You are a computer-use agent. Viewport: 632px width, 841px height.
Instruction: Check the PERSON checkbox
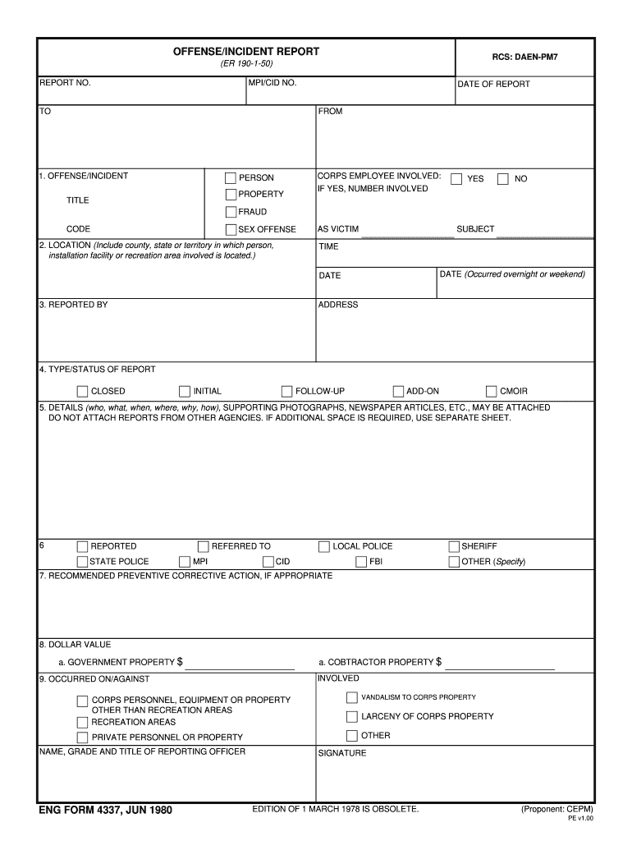tap(231, 178)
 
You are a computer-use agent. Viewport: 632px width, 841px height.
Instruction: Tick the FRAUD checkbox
tap(231, 212)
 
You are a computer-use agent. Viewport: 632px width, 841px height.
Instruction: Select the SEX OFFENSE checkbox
tap(231, 230)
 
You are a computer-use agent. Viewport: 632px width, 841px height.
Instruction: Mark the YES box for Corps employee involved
tap(456, 179)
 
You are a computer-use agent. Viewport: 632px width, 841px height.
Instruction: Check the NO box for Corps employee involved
tap(503, 179)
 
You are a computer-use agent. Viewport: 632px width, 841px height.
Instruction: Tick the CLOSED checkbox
tap(82, 392)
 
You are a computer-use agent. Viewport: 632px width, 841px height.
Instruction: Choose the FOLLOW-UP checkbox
tap(287, 392)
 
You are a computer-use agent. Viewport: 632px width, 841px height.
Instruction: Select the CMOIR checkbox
tap(492, 392)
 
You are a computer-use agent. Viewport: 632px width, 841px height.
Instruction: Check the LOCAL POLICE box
tap(324, 546)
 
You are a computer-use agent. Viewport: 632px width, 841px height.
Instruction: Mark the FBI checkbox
tap(361, 562)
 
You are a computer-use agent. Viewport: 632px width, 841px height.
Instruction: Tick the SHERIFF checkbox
tap(454, 546)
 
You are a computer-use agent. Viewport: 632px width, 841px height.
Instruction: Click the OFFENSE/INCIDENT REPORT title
tap(246, 52)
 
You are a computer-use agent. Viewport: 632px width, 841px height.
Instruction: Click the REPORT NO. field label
tap(66, 83)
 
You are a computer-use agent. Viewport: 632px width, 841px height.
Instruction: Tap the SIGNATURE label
tap(342, 753)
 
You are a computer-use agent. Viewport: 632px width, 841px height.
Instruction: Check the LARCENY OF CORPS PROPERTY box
tap(352, 716)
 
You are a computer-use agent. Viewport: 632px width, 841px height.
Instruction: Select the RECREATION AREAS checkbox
tap(82, 723)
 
